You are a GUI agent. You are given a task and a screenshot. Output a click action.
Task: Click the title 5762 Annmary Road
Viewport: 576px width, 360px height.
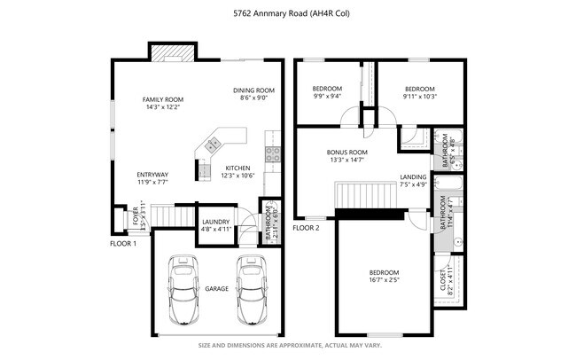click(288, 12)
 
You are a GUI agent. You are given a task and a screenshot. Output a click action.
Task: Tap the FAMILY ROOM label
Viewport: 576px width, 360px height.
click(162, 99)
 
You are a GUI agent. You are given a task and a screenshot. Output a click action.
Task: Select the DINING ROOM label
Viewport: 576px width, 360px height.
click(254, 90)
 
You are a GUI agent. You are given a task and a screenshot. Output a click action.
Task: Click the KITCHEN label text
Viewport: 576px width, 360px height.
click(237, 168)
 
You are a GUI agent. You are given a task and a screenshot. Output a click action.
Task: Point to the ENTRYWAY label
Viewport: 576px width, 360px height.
click(152, 174)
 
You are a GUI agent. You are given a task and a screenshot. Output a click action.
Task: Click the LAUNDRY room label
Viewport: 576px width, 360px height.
click(216, 222)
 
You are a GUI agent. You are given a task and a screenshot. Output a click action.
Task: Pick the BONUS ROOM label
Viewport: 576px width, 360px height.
click(346, 152)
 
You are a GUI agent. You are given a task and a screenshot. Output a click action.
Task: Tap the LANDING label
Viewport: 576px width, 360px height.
click(413, 176)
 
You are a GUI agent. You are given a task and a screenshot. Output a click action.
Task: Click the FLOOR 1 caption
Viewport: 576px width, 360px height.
click(122, 243)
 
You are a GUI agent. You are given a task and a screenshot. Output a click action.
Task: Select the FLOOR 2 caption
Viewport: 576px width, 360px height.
click(306, 228)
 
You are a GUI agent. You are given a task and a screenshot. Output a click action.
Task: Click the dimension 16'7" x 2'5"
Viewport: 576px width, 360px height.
click(384, 280)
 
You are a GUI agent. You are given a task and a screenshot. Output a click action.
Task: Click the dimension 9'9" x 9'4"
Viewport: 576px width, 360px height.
click(327, 96)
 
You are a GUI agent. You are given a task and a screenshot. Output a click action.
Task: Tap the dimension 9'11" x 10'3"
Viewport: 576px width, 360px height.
click(420, 96)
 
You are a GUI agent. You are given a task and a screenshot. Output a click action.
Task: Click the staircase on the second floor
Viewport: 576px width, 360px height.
click(366, 192)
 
